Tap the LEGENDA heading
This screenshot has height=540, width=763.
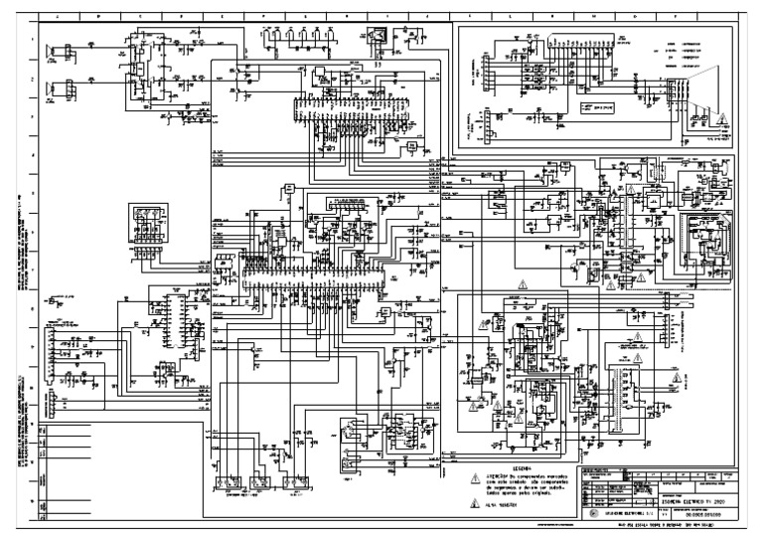[522, 467]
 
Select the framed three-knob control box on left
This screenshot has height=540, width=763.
[149, 225]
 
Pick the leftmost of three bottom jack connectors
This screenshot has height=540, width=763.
[229, 483]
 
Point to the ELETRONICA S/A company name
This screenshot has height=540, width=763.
[626, 515]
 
